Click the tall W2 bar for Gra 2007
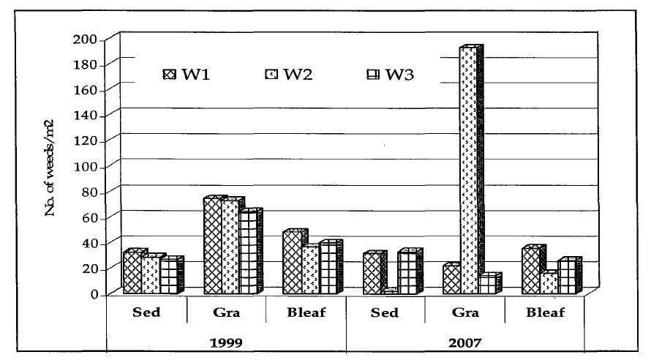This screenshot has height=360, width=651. (x=468, y=172)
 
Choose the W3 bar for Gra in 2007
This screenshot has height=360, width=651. (x=487, y=285)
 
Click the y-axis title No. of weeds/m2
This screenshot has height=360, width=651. (x=52, y=165)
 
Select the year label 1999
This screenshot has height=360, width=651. (x=226, y=341)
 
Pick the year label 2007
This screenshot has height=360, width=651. (x=465, y=341)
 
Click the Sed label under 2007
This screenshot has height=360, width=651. (x=385, y=313)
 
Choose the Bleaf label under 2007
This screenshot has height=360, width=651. (x=544, y=313)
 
